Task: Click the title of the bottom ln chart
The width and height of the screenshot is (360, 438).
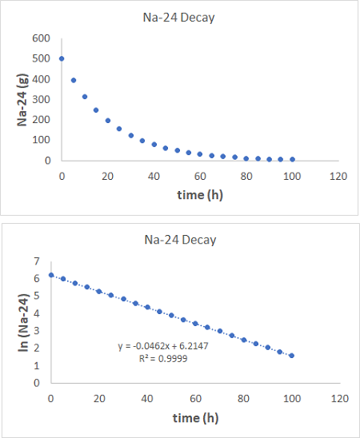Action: coord(179,240)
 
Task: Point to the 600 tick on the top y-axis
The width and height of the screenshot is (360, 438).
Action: coord(42,38)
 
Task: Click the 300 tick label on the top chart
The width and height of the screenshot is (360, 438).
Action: coord(42,99)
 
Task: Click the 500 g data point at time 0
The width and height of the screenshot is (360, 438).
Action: coord(62,58)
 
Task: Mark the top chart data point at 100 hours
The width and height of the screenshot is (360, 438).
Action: coord(292,159)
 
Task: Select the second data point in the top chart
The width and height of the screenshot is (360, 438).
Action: coord(74,80)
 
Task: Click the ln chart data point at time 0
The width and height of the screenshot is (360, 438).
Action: coord(51,275)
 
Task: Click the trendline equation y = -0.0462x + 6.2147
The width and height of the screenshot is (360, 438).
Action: coord(161,346)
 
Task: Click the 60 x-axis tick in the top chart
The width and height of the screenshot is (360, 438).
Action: coord(200,176)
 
